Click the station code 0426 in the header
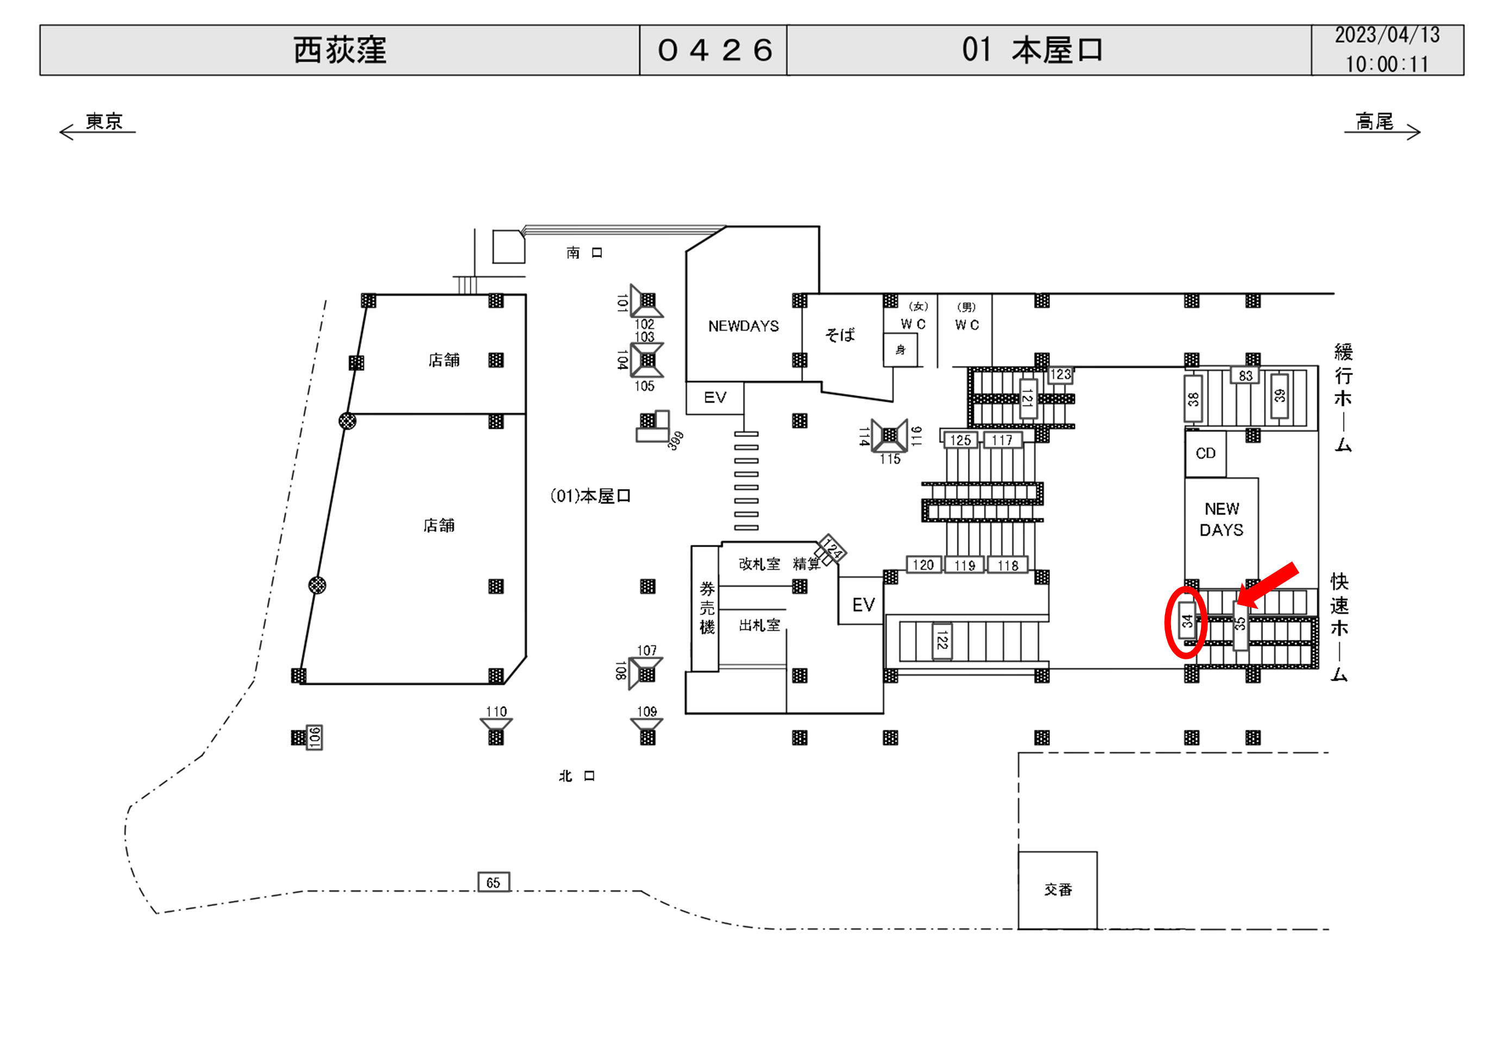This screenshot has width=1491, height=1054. point(714,50)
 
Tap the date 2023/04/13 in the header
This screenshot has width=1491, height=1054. point(1387,35)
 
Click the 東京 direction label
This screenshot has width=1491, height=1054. point(104,122)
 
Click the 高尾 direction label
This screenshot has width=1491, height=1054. point(1375,122)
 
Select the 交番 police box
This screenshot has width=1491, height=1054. point(1058,890)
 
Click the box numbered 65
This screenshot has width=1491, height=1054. point(494,882)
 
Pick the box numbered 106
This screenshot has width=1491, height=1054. point(315,737)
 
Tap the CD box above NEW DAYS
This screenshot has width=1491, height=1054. point(1205,454)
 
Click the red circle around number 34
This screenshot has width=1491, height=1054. point(1186,623)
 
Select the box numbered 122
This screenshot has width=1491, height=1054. point(942,641)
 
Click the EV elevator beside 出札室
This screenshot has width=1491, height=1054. point(863,605)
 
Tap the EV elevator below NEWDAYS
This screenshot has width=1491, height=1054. point(715,398)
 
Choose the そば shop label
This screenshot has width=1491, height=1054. point(840,335)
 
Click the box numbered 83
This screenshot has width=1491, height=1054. point(1245,376)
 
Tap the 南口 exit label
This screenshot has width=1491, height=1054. point(584,253)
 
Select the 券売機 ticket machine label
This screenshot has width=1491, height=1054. point(707,608)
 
